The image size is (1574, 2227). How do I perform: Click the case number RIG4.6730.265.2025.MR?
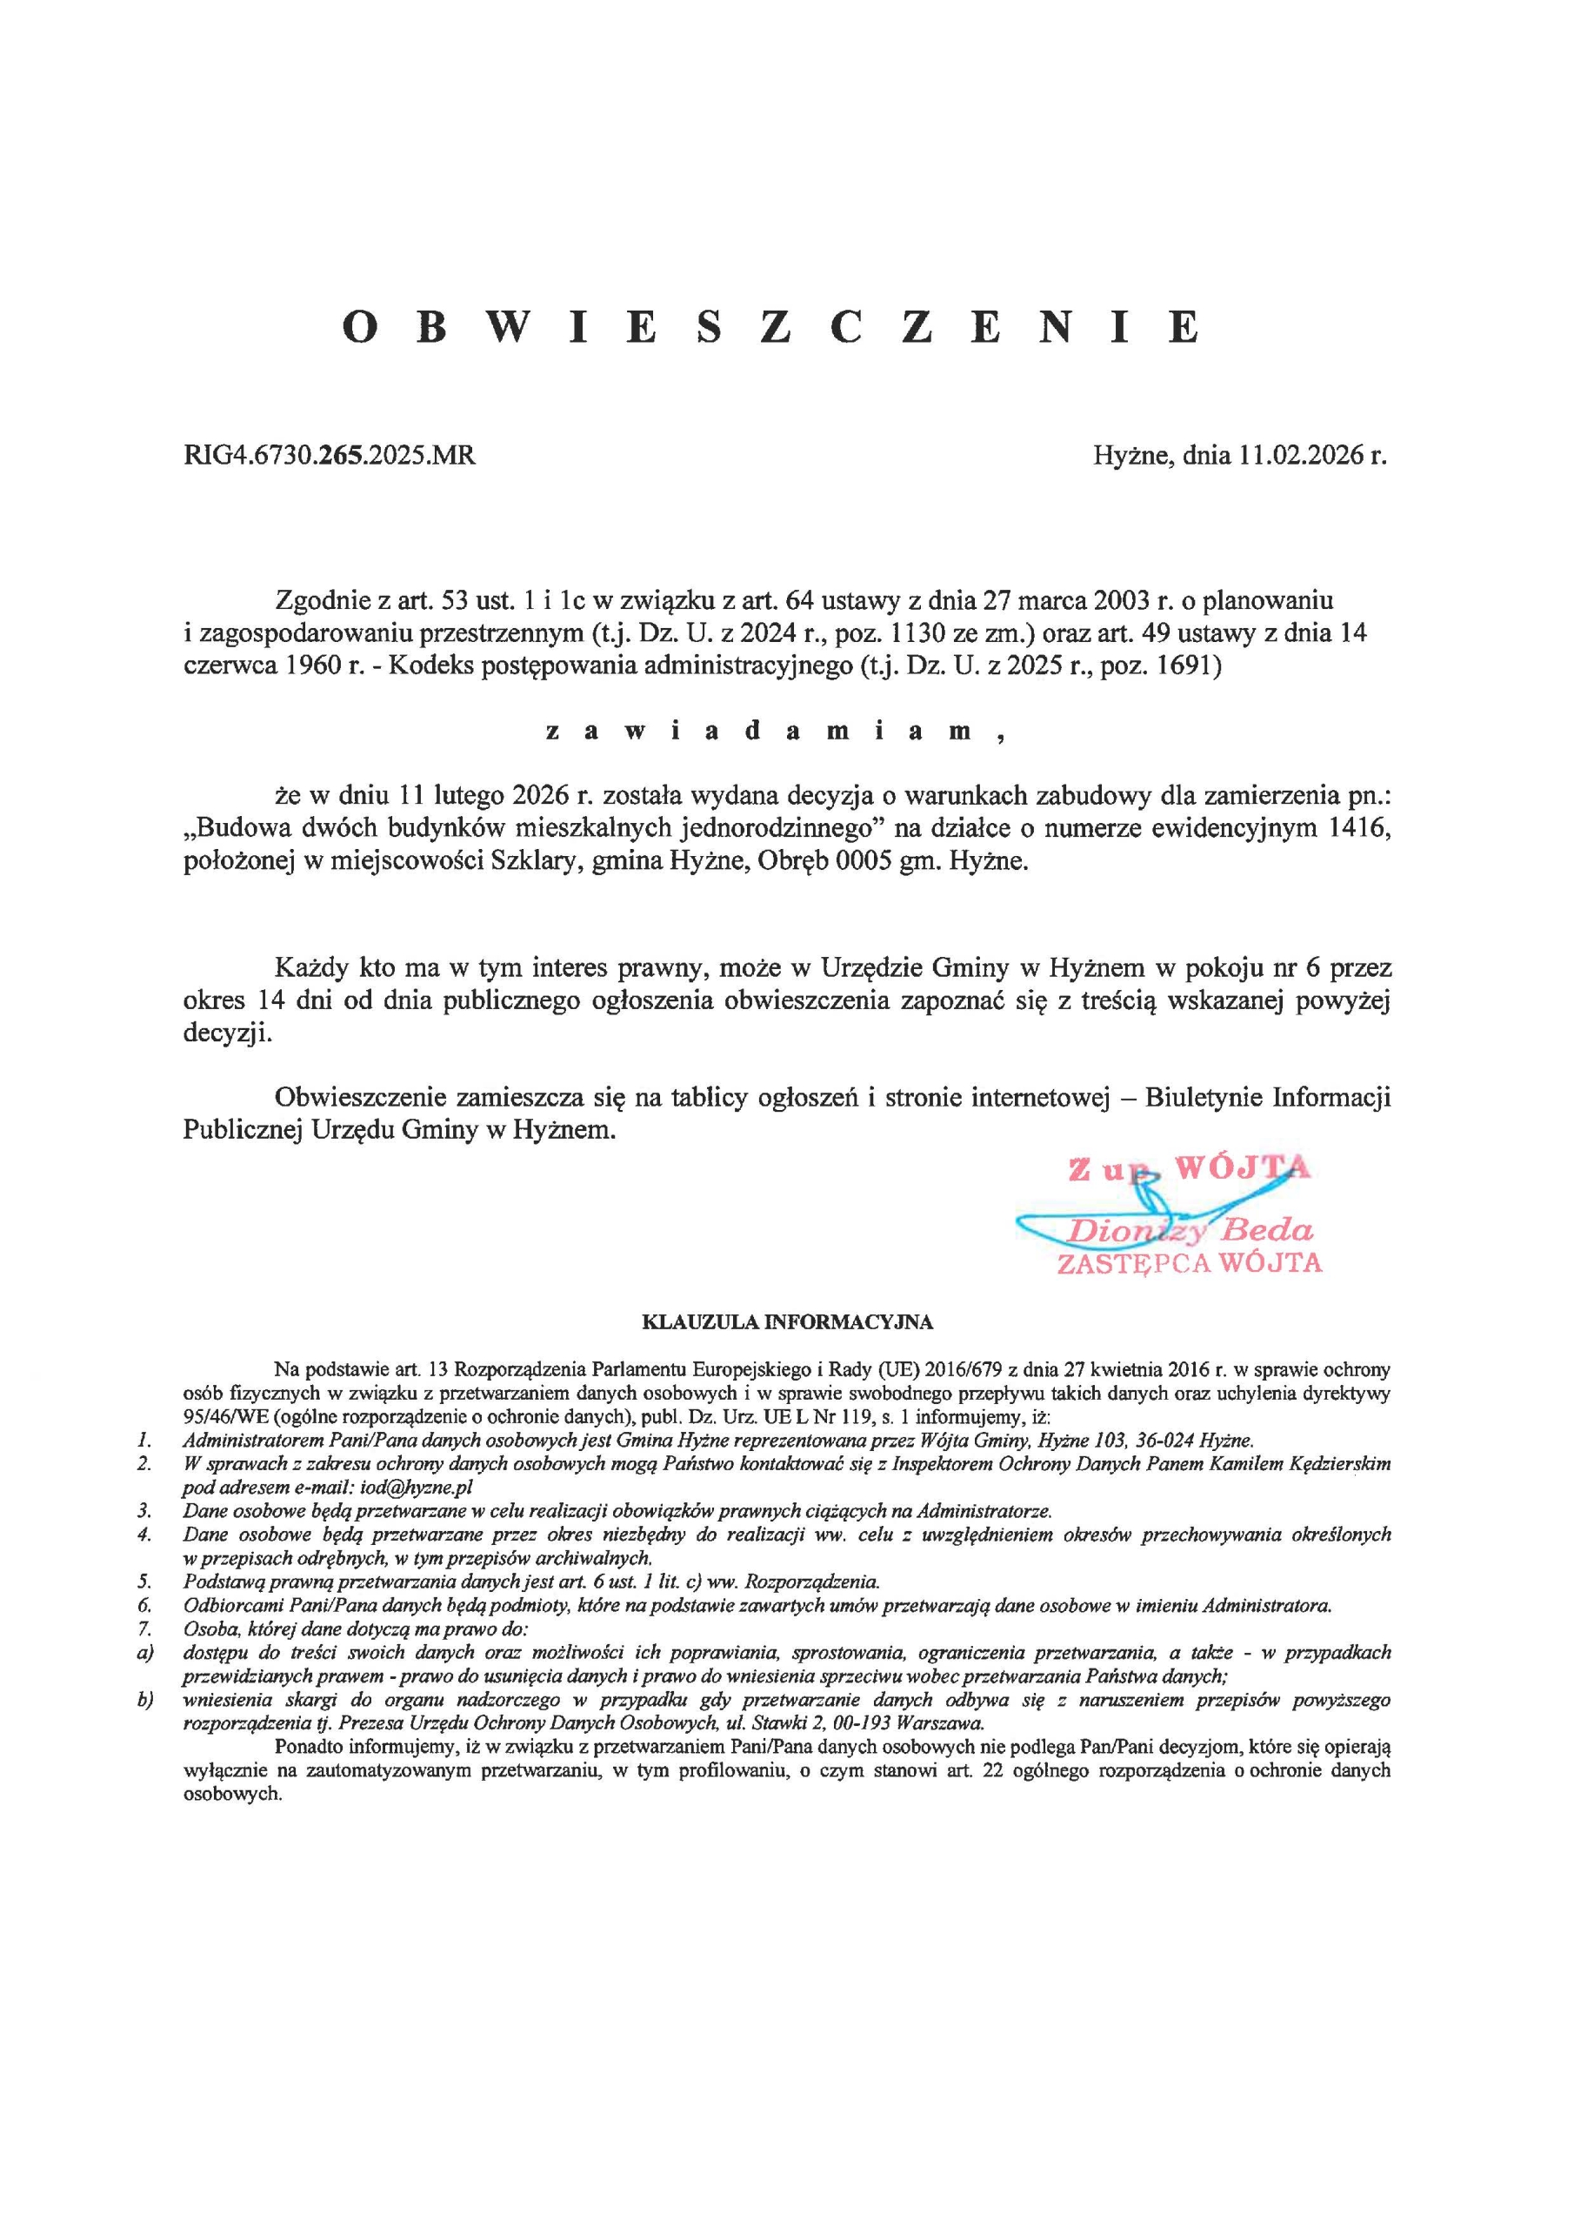330,455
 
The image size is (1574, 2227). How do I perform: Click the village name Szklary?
537,861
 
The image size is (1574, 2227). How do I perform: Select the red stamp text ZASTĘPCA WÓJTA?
1189,1262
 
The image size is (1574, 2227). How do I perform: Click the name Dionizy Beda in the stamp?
1189,1232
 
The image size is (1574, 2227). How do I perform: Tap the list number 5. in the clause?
143,1581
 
